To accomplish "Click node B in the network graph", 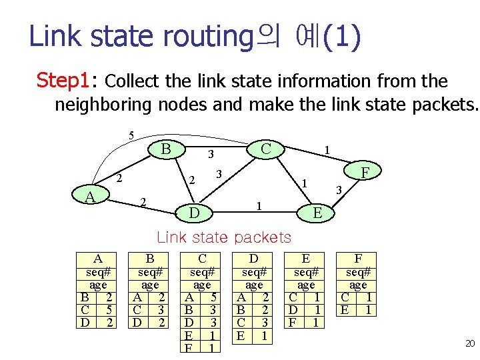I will point(166,148).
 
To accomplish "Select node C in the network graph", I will point(265,148).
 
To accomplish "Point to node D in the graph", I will point(193,213).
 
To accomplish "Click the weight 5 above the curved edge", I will point(131,136).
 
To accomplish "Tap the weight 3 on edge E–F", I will point(338,191).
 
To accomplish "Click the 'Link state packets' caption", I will point(223,237).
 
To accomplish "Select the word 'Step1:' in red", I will point(65,81).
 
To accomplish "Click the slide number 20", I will point(469,343).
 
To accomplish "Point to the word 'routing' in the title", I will point(210,37).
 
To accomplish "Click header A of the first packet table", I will point(97,259).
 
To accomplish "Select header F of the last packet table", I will point(358,259).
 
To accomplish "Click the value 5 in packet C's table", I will point(213,297).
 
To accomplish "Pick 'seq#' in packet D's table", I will point(254,272).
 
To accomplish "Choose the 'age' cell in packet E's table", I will point(306,285).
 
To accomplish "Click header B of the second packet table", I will point(150,259).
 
